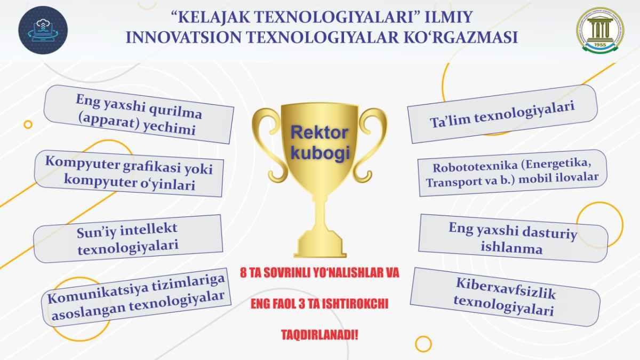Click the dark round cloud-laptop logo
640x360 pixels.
(x=43, y=30)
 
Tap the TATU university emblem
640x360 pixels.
(x=600, y=30)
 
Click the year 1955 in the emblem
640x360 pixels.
(x=600, y=45)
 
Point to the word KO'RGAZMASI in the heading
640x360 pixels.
(x=461, y=37)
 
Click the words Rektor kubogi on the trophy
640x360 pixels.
(x=319, y=143)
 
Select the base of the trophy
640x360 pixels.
(x=320, y=246)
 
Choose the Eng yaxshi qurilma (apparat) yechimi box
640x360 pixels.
(x=139, y=114)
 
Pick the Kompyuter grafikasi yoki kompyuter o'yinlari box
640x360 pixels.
(x=129, y=173)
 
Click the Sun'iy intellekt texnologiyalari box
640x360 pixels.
(x=127, y=239)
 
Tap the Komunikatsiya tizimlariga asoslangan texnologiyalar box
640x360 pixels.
(x=136, y=297)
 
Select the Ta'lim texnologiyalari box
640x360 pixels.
(x=502, y=114)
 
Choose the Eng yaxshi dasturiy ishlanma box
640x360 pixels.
(x=513, y=238)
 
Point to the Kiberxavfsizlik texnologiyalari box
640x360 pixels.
(x=505, y=297)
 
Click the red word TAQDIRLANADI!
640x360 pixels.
(x=319, y=335)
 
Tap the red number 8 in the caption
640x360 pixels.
(x=243, y=273)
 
